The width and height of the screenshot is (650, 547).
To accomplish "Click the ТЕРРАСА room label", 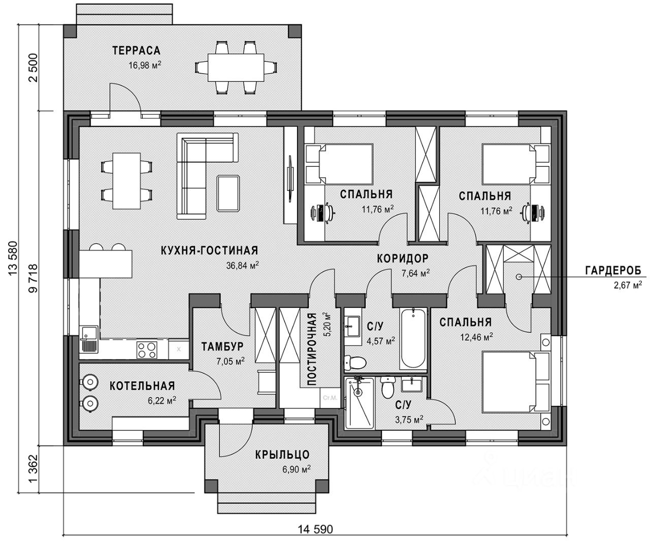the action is [136, 50].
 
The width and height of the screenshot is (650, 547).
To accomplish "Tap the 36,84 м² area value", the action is [243, 265].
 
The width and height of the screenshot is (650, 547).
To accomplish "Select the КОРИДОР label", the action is [403, 258].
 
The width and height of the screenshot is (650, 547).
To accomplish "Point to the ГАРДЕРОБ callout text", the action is [613, 271].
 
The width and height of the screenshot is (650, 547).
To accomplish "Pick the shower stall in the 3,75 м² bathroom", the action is [359, 403].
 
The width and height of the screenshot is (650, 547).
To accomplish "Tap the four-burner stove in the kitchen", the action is [147, 350].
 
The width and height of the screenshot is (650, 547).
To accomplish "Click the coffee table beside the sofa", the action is [228, 193].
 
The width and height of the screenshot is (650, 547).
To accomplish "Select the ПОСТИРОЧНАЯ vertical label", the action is [312, 349].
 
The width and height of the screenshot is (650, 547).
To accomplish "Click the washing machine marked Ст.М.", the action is [330, 398].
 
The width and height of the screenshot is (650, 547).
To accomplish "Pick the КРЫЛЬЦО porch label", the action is [282, 455].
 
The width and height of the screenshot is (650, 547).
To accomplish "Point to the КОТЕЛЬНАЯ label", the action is [142, 385].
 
